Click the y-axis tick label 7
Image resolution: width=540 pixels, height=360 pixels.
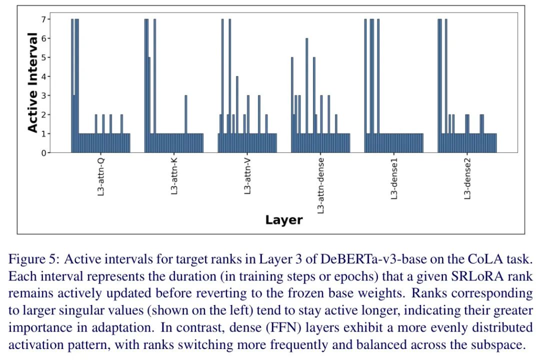click(43, 19)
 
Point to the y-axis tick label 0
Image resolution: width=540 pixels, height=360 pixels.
click(43, 153)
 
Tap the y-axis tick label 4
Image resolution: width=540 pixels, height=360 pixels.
click(43, 76)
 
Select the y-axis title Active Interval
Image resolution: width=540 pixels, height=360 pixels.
click(32, 82)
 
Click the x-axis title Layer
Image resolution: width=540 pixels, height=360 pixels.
click(283, 220)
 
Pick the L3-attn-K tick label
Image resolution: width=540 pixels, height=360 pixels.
click(174, 176)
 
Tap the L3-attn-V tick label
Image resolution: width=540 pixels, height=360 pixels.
click(247, 176)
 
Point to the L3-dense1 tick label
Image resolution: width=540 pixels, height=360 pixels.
click(394, 178)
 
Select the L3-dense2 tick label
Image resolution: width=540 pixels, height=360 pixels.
click(467, 178)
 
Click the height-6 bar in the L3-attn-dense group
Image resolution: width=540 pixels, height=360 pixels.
click(306, 95)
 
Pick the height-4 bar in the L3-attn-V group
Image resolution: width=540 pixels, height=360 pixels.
click(237, 114)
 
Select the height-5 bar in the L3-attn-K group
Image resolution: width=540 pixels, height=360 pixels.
click(149, 104)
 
